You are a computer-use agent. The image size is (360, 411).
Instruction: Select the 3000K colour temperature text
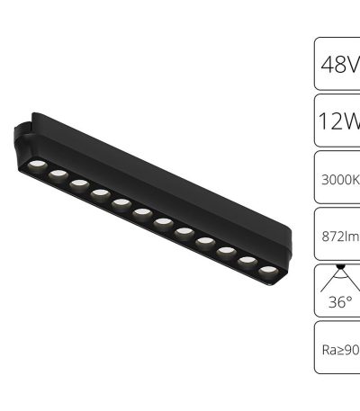[x=340, y=177]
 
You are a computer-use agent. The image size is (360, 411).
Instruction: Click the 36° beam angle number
[x=340, y=302]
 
